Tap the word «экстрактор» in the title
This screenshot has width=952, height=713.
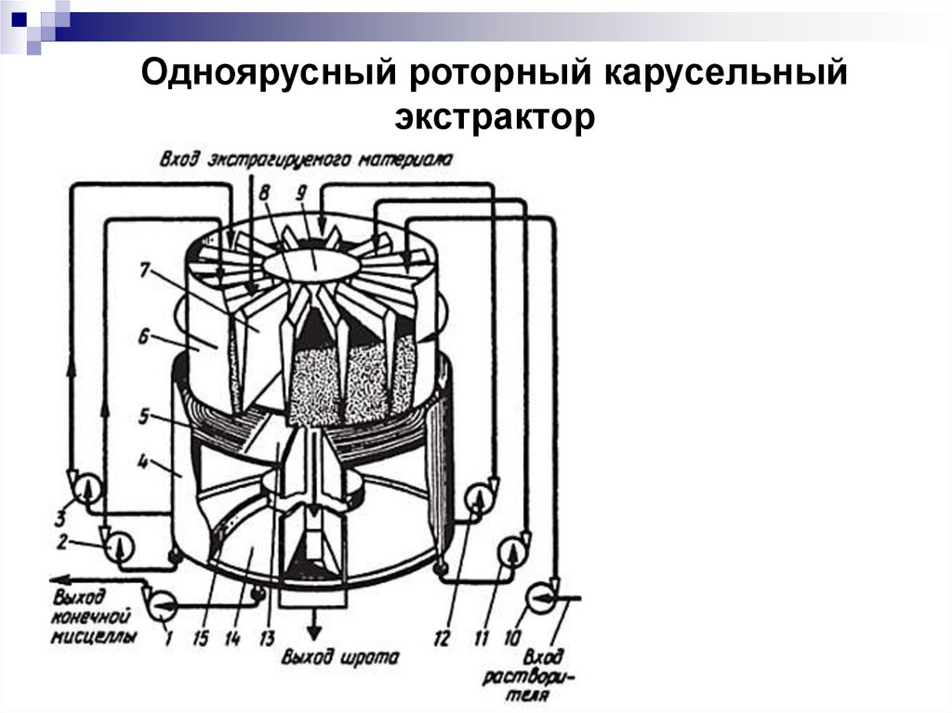point(494,118)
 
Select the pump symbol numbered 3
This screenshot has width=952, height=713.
point(85,486)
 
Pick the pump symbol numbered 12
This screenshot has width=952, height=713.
point(479,493)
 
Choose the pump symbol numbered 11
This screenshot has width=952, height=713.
point(512,550)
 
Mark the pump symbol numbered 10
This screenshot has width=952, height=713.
point(541,593)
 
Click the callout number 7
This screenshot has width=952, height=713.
point(144,271)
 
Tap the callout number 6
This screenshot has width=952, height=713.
point(143,340)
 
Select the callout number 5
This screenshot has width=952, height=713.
point(144,418)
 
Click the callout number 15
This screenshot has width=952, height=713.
point(200,639)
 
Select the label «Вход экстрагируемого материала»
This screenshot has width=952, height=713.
point(306,159)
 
